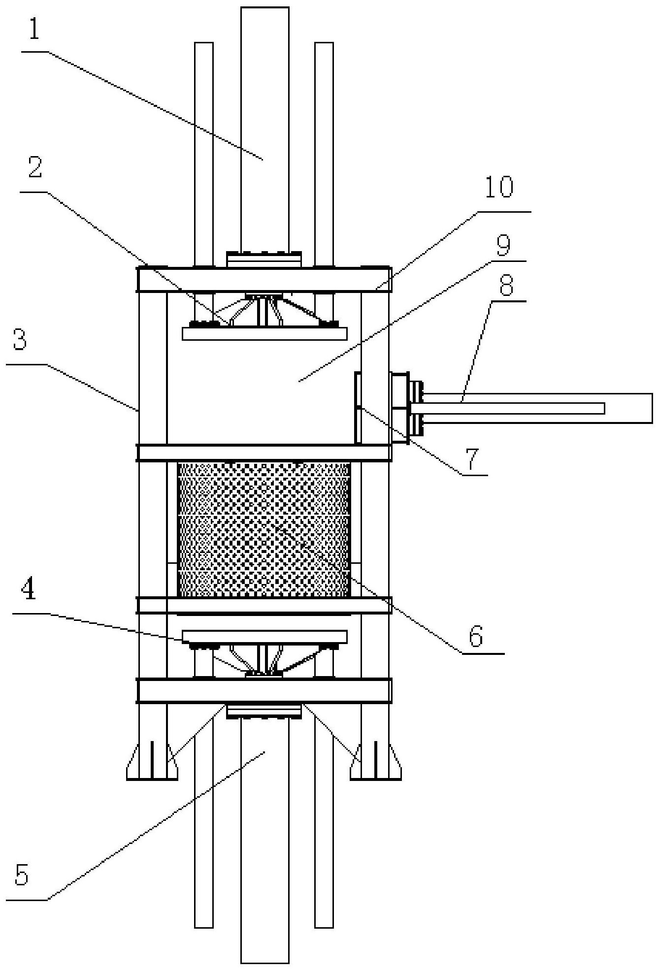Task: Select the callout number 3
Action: [19, 340]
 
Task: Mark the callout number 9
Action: [503, 247]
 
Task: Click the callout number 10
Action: [498, 188]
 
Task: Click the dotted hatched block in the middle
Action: [264, 530]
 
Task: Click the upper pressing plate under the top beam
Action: [264, 333]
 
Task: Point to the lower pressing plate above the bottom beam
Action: [264, 637]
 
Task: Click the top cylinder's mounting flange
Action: [264, 259]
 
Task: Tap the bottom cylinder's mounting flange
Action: [264, 711]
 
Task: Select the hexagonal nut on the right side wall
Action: [399, 408]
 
